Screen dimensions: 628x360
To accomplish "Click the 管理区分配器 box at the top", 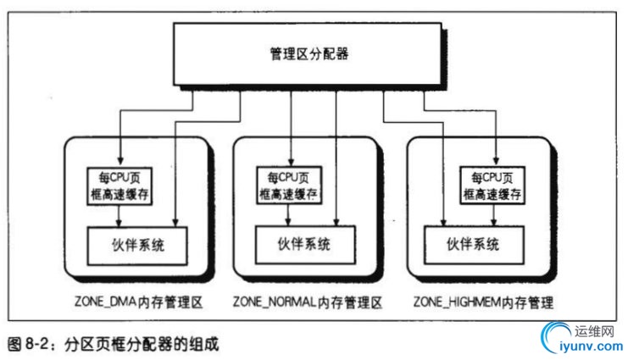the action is (307, 53).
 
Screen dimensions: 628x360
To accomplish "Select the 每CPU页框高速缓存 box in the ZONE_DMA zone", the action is (119, 186).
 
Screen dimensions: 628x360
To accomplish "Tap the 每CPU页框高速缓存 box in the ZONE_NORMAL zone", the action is (289, 186).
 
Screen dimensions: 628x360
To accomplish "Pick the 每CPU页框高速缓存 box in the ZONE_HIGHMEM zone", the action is (492, 186).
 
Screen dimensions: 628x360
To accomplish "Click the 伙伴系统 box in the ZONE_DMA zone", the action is (137, 246).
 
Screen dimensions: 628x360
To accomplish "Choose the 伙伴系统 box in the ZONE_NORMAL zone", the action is (305, 245).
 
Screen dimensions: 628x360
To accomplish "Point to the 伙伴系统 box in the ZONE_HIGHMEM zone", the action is (474, 245).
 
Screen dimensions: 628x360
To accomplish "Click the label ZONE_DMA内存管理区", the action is (139, 302).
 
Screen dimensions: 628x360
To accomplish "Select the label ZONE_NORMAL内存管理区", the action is (308, 302).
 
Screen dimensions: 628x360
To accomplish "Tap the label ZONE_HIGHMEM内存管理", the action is (483, 302).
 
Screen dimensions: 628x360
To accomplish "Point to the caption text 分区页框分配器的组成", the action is (142, 344).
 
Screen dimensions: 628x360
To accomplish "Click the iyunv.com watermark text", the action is (592, 346).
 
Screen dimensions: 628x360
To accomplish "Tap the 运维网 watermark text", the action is (594, 331).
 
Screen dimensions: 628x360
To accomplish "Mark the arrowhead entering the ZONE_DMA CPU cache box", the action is (119, 161).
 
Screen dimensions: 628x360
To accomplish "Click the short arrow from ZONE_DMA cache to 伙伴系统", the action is (119, 216).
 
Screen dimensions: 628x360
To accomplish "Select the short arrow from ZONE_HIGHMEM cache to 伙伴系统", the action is (494, 215).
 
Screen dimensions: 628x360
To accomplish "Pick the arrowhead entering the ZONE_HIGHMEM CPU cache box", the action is (496, 160).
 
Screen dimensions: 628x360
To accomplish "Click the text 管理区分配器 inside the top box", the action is (309, 53).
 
